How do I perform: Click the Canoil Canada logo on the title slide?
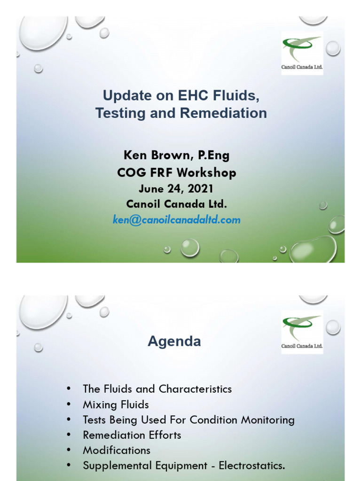pyautogui.click(x=302, y=53)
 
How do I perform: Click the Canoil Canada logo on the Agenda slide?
pyautogui.click(x=302, y=332)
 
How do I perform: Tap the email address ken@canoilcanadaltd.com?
pyautogui.click(x=176, y=219)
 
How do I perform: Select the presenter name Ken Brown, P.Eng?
pyautogui.click(x=176, y=155)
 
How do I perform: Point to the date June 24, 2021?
pyautogui.click(x=176, y=189)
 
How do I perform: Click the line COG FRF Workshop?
pyautogui.click(x=176, y=172)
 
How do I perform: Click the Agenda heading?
pyautogui.click(x=174, y=341)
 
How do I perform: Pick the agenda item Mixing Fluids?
pyautogui.click(x=116, y=404)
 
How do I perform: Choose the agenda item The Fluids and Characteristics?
pyautogui.click(x=157, y=389)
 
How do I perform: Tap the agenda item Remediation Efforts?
pyautogui.click(x=132, y=435)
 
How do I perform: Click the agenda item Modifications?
pyautogui.click(x=117, y=450)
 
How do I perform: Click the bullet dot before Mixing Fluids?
pyautogui.click(x=69, y=404)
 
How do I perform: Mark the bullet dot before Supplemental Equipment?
pyautogui.click(x=69, y=465)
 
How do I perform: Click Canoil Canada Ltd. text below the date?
pyautogui.click(x=176, y=204)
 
